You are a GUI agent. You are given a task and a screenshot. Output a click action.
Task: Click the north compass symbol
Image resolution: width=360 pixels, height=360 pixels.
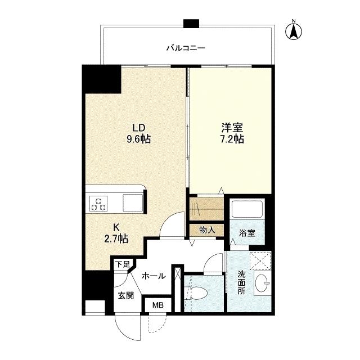(x=294, y=30)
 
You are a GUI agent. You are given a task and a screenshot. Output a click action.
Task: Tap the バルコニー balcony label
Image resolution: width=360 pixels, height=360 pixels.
(x=185, y=48)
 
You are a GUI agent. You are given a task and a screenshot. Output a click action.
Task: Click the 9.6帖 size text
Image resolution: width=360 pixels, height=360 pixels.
(x=138, y=138)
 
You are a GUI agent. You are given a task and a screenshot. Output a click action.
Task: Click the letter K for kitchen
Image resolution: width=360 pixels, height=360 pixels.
(x=116, y=227)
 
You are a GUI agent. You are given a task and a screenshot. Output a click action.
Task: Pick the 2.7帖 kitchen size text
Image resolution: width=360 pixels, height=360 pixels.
(x=116, y=239)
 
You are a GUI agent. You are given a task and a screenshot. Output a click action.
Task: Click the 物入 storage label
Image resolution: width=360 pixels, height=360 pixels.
(x=206, y=229)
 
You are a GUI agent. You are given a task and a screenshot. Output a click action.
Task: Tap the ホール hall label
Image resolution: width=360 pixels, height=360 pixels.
(x=153, y=276)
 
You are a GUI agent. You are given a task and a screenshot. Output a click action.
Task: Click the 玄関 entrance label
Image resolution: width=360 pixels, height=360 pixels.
(x=125, y=296)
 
